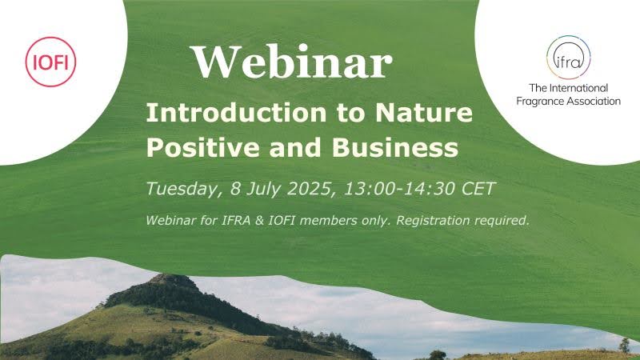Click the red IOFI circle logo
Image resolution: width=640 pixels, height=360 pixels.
coord(50,60)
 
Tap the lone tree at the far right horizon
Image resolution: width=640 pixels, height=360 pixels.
coord(624,344)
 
